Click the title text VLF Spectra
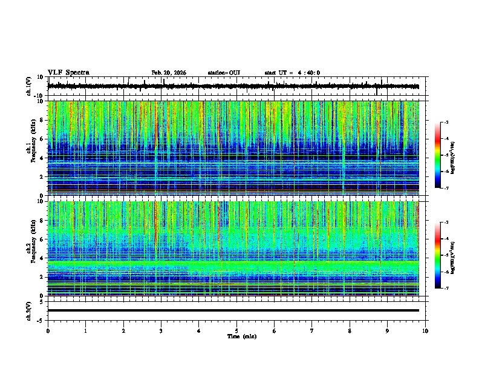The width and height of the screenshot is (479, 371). pos(68,73)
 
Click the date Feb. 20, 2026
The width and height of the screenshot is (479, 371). pos(169,73)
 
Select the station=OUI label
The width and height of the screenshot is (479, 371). pos(224,73)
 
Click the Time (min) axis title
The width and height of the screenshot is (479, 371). pos(241,336)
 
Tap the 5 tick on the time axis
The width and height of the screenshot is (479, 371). pos(236,330)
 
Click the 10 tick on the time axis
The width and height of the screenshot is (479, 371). pos(425,330)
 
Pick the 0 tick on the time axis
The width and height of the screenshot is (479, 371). pos(48,330)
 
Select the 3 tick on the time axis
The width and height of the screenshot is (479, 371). pos(161,330)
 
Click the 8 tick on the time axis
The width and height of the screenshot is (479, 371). pos(350,330)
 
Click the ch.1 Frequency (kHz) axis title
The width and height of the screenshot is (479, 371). pos(30,148)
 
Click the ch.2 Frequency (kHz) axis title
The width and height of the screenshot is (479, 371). pos(30,249)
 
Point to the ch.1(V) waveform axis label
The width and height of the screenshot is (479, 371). pos(30,87)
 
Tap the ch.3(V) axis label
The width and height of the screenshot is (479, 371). pos(30,310)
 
